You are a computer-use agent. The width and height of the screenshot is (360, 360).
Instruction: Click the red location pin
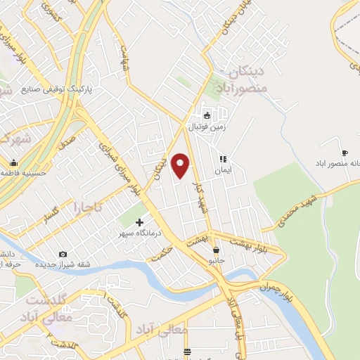tap(181, 167)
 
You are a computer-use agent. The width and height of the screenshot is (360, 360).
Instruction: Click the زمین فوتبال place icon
tap(207, 116)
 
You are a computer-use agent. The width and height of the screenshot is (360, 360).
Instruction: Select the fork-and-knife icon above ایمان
tap(223, 159)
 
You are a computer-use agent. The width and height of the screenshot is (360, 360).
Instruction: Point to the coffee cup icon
tap(344, 153)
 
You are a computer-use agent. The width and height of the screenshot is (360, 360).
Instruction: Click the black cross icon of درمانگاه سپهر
tap(139, 222)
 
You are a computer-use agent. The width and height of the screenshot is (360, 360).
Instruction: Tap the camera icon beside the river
tap(63, 254)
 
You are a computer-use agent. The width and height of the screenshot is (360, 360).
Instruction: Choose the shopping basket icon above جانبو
tap(215, 250)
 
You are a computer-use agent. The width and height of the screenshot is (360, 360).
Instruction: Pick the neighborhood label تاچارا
tap(89, 207)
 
